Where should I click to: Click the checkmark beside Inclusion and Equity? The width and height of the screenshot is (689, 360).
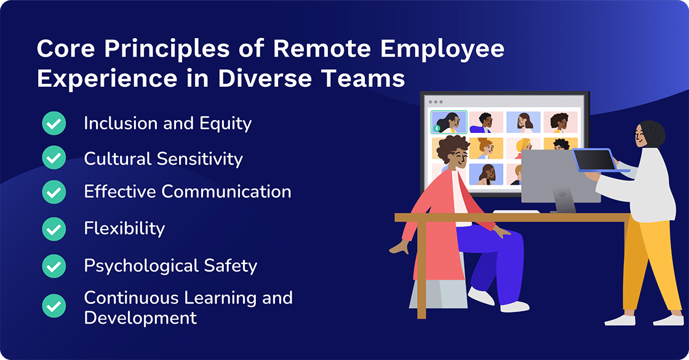pyautogui.click(x=54, y=124)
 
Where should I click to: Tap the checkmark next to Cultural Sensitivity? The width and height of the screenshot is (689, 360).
pyautogui.click(x=54, y=158)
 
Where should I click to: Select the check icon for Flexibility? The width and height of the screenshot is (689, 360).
pyautogui.click(x=54, y=229)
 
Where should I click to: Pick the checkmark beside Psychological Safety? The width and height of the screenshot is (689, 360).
pyautogui.click(x=54, y=266)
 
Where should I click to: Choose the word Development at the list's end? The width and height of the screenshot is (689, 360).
pyautogui.click(x=140, y=318)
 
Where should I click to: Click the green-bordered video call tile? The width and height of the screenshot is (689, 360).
pyautogui.click(x=448, y=122)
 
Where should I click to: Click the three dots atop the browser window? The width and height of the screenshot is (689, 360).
pyautogui.click(x=434, y=102)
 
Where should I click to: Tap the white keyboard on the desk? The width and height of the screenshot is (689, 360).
pyautogui.click(x=516, y=212)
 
